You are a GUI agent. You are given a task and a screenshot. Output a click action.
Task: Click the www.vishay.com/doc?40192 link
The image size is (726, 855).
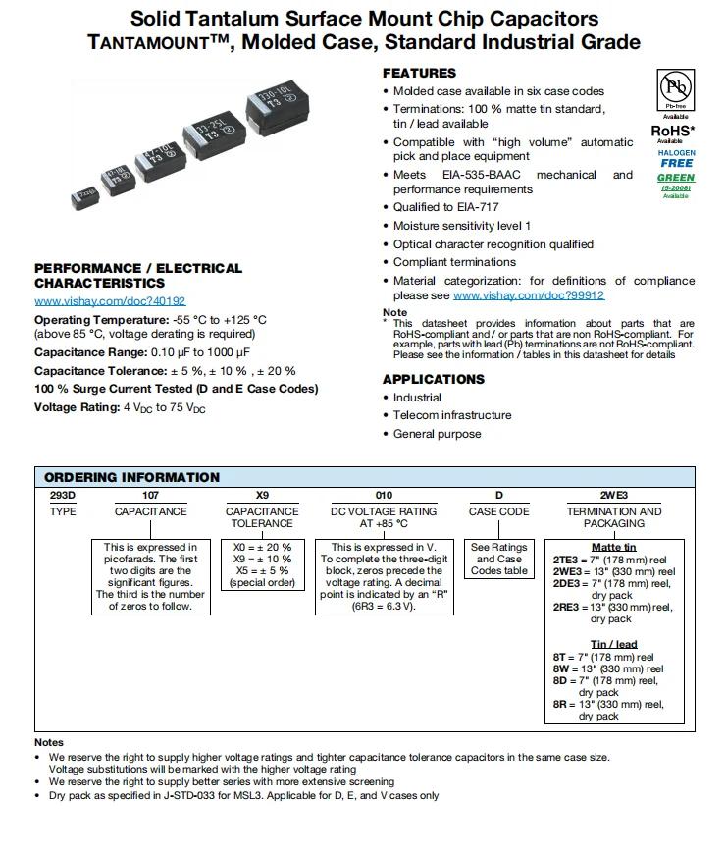pos(110,301)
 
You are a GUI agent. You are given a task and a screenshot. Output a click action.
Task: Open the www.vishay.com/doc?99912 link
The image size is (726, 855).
pos(529,295)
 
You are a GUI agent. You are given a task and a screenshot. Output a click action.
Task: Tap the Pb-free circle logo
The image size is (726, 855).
pos(674,89)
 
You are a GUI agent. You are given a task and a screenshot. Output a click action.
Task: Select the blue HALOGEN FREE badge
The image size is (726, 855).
pos(676,158)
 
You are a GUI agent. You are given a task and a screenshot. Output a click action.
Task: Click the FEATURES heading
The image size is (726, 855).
pos(419,73)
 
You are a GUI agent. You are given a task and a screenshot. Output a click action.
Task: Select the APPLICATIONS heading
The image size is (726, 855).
pos(434,380)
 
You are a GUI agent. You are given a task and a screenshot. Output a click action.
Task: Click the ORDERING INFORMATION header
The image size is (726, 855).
pos(132,477)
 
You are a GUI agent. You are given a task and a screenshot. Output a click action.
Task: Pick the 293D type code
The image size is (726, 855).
pos(63,496)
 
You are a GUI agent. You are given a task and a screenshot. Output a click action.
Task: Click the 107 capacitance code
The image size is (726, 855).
pos(150,496)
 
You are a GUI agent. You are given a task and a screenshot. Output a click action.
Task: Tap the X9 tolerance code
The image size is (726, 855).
pos(262,496)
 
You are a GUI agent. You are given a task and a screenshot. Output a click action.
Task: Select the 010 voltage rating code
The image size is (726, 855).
pos(384,496)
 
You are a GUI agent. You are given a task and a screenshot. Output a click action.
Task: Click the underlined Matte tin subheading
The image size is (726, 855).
pos(613,547)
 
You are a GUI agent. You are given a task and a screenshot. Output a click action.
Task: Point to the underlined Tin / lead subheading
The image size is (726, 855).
pos(613,644)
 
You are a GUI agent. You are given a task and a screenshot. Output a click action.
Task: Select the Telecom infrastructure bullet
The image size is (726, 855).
pos(452,415)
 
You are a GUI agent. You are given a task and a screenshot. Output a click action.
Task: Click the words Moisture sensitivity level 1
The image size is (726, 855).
pos(462,226)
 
